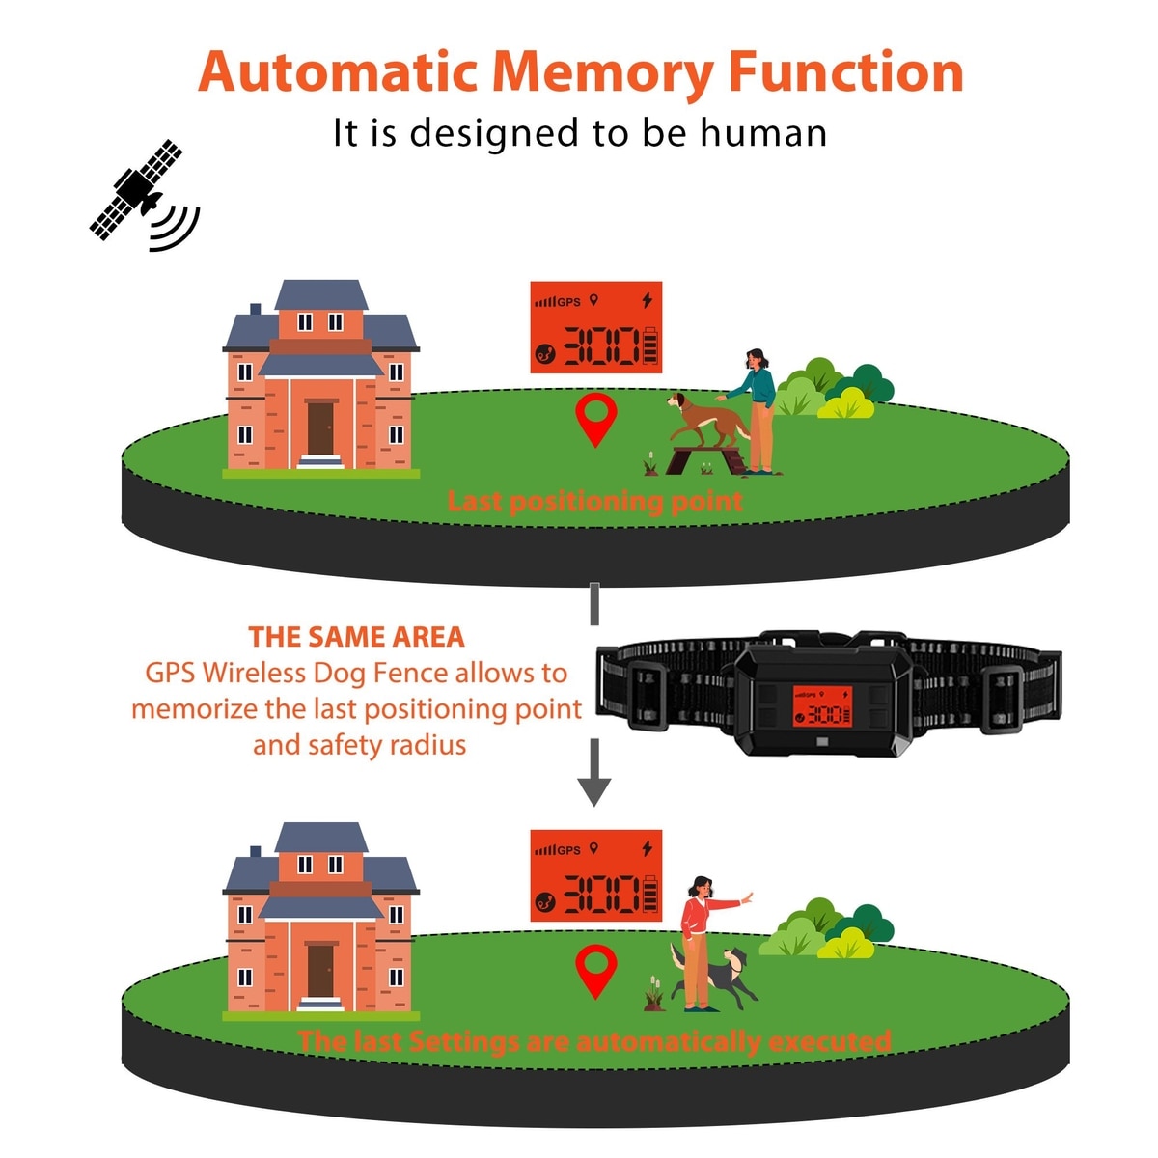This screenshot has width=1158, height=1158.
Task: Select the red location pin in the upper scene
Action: click(595, 418)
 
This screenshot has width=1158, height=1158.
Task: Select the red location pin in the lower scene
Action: click(595, 970)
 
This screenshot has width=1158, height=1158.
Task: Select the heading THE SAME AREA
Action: click(356, 637)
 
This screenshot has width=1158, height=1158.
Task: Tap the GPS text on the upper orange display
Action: click(569, 302)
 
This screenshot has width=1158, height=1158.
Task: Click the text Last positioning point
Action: click(594, 502)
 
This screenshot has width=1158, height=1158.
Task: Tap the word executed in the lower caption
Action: click(830, 1042)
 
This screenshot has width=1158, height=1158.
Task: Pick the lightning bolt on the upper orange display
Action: click(647, 300)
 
